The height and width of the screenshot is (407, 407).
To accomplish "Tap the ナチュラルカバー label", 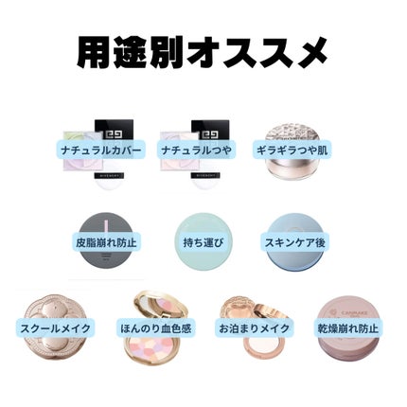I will [x=99, y=150].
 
